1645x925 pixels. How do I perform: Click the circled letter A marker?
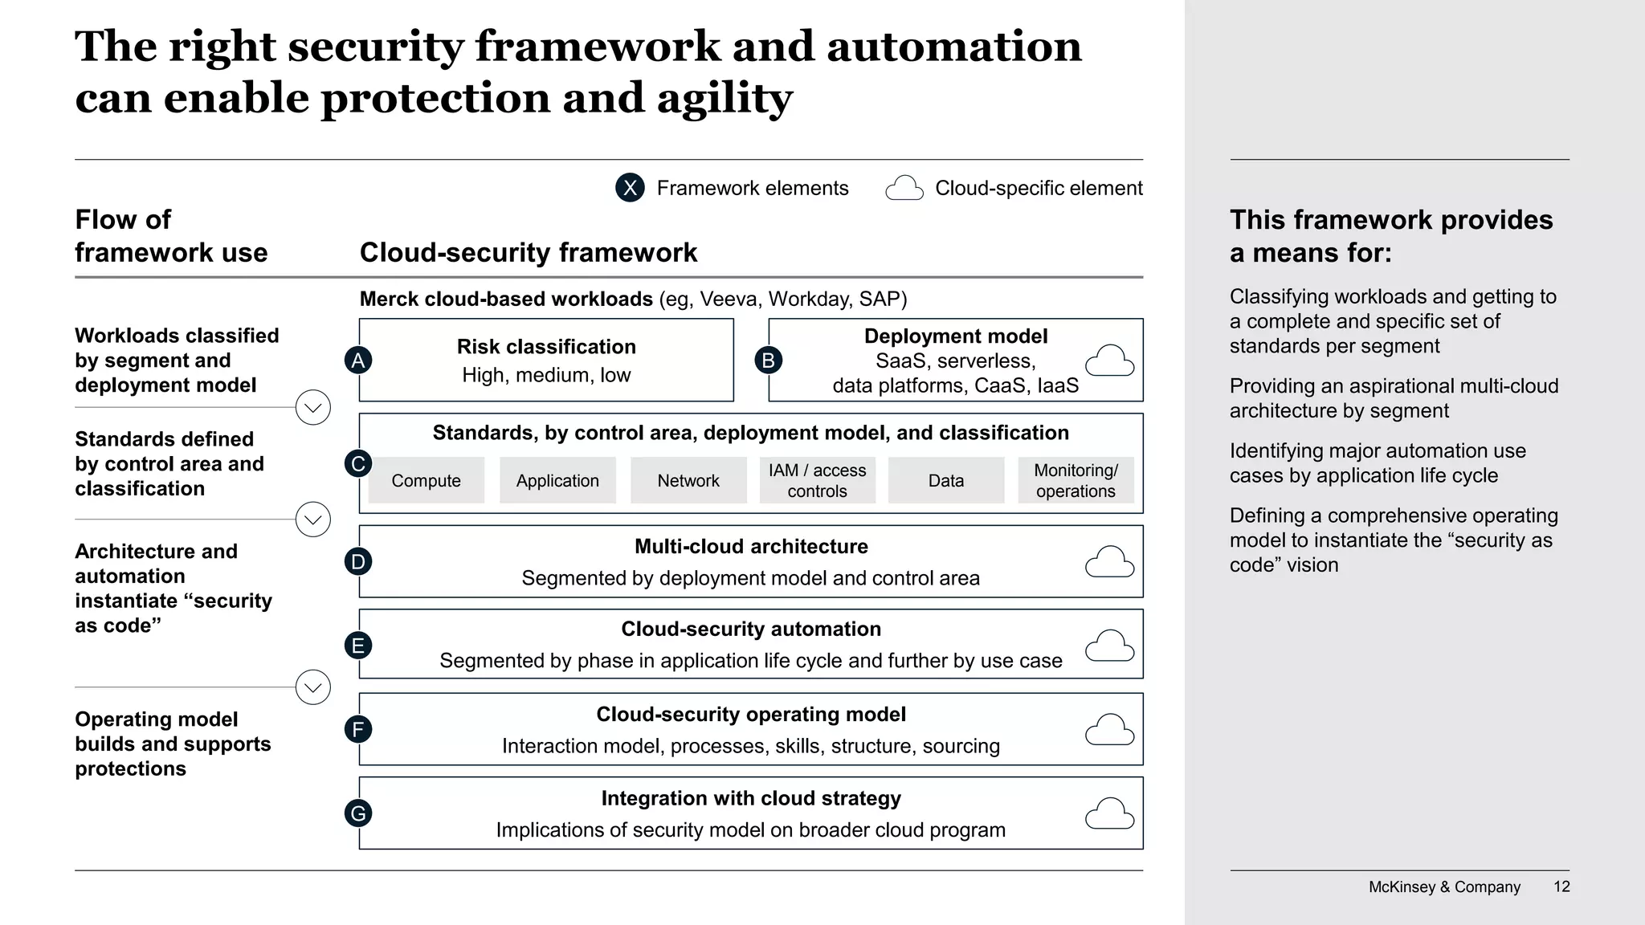[x=358, y=361]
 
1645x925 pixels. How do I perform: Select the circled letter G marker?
[x=358, y=813]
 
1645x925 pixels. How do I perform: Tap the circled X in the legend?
[x=630, y=188]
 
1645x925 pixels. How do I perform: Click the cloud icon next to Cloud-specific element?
[x=904, y=189]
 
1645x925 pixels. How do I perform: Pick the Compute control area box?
[x=426, y=480]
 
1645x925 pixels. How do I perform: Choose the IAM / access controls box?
[x=817, y=480]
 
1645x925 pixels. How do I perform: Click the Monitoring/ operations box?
[x=1076, y=480]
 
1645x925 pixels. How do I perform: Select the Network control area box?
[x=688, y=480]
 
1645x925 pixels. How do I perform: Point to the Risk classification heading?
[x=546, y=347]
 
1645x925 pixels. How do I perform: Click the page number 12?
[x=1561, y=886]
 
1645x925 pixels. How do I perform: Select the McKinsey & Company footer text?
[x=1444, y=886]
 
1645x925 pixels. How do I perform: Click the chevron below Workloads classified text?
[x=313, y=408]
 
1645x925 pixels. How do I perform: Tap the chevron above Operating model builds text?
[x=313, y=687]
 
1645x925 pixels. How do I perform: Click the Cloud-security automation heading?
[x=751, y=629]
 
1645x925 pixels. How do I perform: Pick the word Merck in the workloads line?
[x=390, y=300]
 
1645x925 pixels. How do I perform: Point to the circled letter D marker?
[x=358, y=561]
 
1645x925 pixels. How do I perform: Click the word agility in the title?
[x=725, y=98]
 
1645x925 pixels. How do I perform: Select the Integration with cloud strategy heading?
[x=751, y=798]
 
